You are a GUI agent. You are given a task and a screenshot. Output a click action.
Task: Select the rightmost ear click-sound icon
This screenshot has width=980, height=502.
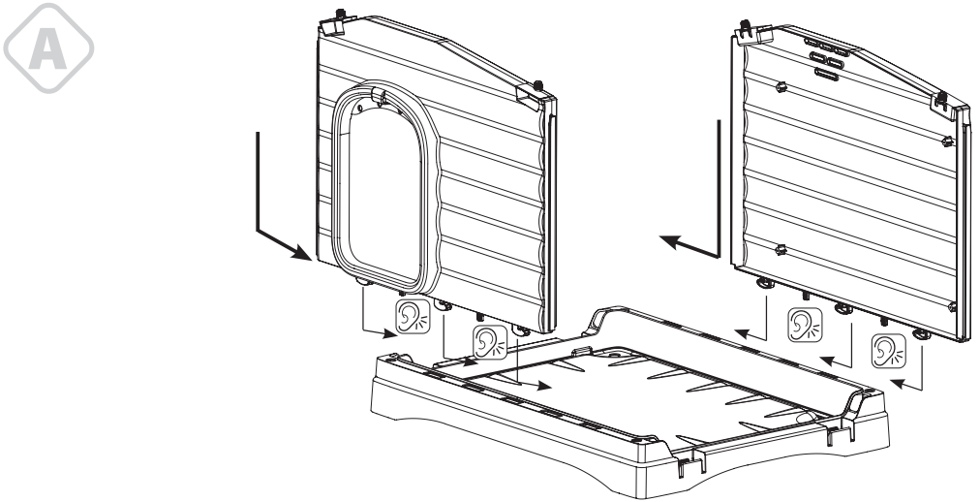tap(887, 348)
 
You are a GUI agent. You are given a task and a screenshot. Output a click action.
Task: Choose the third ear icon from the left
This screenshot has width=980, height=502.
tap(803, 322)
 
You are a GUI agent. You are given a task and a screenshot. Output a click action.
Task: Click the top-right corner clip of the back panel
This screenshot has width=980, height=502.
tap(942, 99)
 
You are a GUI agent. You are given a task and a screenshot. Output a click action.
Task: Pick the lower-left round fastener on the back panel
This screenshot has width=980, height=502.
tap(781, 250)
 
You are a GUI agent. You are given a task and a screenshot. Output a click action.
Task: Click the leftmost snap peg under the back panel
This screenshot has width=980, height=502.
tap(765, 284)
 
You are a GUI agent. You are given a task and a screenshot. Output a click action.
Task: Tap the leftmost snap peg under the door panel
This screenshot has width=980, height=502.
tap(365, 281)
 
